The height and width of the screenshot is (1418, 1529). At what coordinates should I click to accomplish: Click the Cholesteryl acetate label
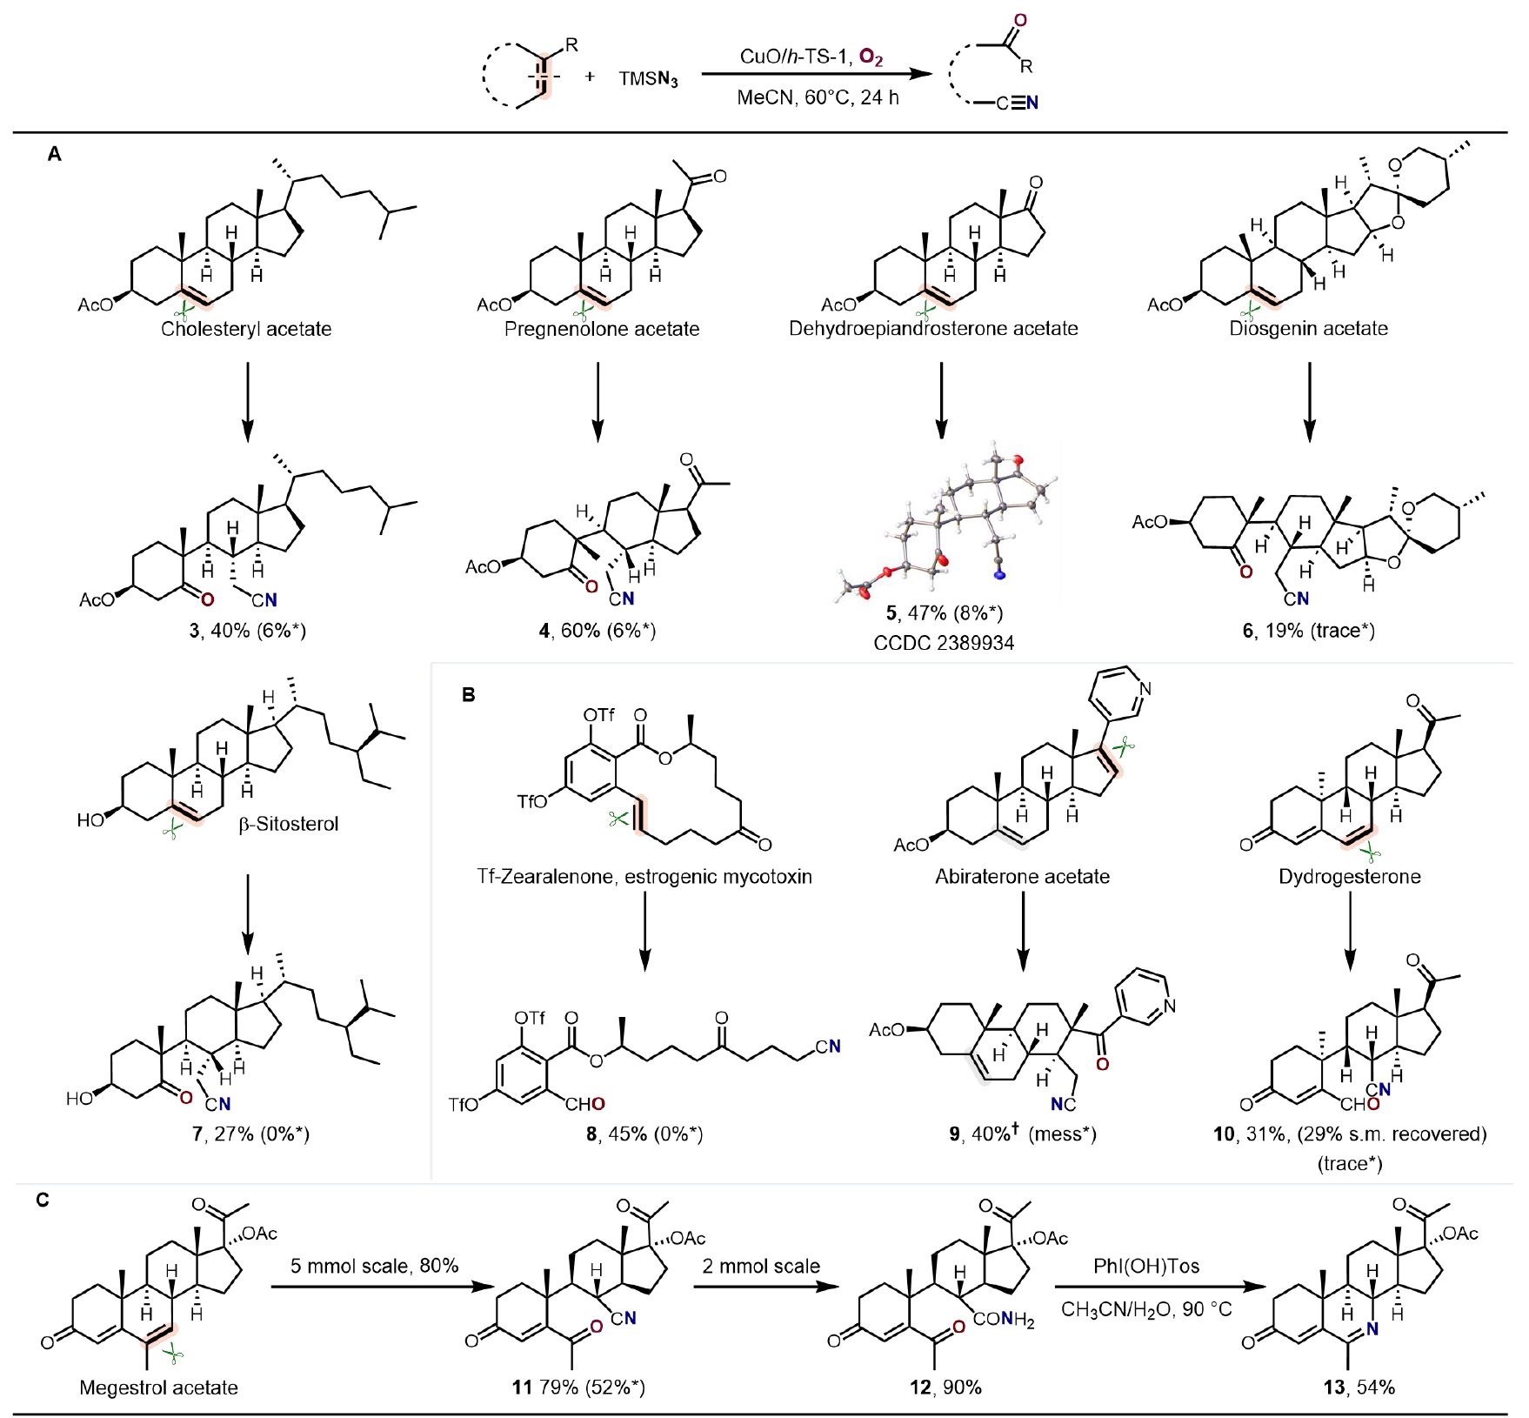click(246, 329)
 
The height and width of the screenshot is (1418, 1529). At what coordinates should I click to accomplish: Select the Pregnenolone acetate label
click(602, 329)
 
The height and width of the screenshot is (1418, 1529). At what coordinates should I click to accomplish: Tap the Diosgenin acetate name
click(1308, 329)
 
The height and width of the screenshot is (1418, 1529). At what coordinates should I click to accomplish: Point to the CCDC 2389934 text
click(944, 643)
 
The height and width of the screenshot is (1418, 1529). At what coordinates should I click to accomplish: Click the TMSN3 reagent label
click(648, 79)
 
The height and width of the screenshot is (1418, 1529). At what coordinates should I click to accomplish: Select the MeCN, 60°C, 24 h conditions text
click(818, 97)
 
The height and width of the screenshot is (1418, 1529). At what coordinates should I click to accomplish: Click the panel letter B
click(469, 694)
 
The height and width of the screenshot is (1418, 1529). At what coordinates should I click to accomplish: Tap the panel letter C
click(43, 1201)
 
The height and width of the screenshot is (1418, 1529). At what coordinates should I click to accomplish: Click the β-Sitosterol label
click(289, 823)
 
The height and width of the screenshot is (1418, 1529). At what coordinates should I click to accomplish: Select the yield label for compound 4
click(597, 630)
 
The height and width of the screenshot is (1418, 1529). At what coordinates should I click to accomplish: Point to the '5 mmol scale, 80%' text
click(374, 1266)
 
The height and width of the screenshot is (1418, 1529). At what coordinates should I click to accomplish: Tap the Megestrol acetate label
click(158, 1388)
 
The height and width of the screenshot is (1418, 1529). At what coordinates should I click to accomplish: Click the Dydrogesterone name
click(1349, 876)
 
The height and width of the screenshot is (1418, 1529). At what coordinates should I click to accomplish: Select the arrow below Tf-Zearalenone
click(644, 931)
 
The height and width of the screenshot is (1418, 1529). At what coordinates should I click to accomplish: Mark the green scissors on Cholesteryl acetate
click(184, 312)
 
